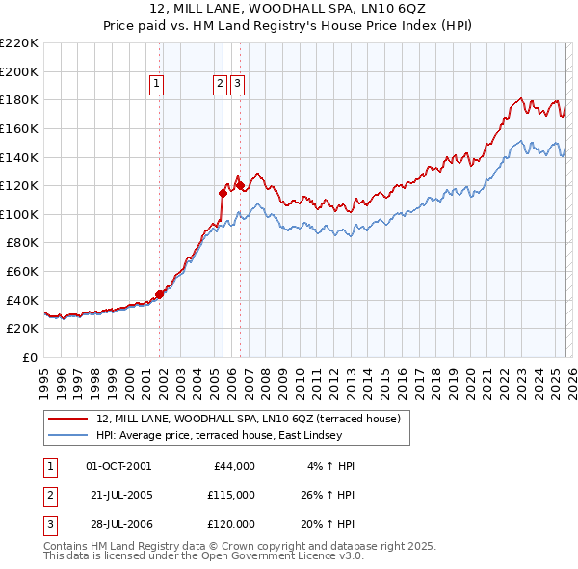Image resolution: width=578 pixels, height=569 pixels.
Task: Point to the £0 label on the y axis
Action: click(29, 357)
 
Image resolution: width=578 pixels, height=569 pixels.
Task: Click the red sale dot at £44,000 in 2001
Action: click(159, 294)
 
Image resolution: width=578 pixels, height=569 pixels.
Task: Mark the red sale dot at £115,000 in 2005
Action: click(223, 193)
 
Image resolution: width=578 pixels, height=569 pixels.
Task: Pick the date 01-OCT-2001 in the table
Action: click(118, 466)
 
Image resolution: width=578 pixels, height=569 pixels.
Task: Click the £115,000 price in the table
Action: click(232, 495)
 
